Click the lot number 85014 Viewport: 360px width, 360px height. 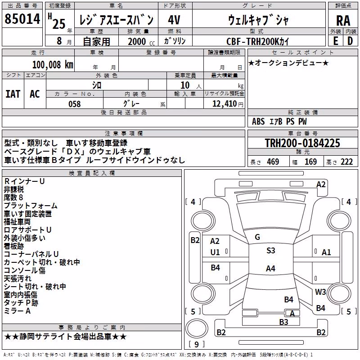22,19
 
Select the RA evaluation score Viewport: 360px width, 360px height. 343,21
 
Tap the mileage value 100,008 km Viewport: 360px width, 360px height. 53,65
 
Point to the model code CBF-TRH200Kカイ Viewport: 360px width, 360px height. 257,41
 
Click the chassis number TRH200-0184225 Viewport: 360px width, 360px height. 302,143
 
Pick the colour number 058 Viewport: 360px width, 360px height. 75,104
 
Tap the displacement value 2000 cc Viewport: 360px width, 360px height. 141,41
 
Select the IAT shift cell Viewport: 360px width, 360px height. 13,94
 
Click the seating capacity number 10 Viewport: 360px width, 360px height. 185,85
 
